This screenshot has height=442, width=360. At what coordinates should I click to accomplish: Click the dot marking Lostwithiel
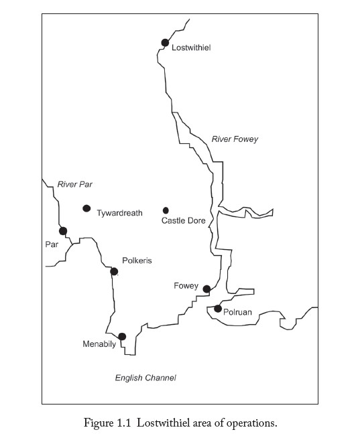point(165,43)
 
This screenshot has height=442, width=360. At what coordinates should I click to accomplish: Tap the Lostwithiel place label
point(191,48)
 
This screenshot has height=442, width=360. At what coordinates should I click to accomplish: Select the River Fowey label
point(235,139)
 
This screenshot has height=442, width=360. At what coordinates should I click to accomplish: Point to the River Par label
point(75,184)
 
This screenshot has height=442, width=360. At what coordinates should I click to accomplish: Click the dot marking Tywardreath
point(86,208)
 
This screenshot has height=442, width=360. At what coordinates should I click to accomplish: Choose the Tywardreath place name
point(119,213)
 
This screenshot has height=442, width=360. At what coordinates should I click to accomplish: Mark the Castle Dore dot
point(166,210)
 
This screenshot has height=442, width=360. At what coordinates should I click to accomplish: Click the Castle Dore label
point(184,220)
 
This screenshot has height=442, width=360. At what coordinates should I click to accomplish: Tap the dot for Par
point(63,231)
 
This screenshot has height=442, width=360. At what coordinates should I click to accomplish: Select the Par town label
point(52,244)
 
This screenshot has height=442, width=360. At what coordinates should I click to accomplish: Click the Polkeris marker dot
point(114,271)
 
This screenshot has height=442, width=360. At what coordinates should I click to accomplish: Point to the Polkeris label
point(137,261)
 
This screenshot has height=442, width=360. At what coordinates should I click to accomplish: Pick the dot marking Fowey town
point(206,289)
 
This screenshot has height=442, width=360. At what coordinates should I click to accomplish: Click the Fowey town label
point(186,286)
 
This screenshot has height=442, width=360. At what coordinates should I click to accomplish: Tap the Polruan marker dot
point(218,309)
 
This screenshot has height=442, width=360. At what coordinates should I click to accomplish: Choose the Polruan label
point(237,312)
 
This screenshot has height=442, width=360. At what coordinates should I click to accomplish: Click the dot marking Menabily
point(122,336)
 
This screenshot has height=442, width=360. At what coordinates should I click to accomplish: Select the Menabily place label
point(99,344)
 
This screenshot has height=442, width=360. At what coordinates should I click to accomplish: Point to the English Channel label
point(145,378)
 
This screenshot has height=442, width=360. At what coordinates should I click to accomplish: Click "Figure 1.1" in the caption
point(107,423)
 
